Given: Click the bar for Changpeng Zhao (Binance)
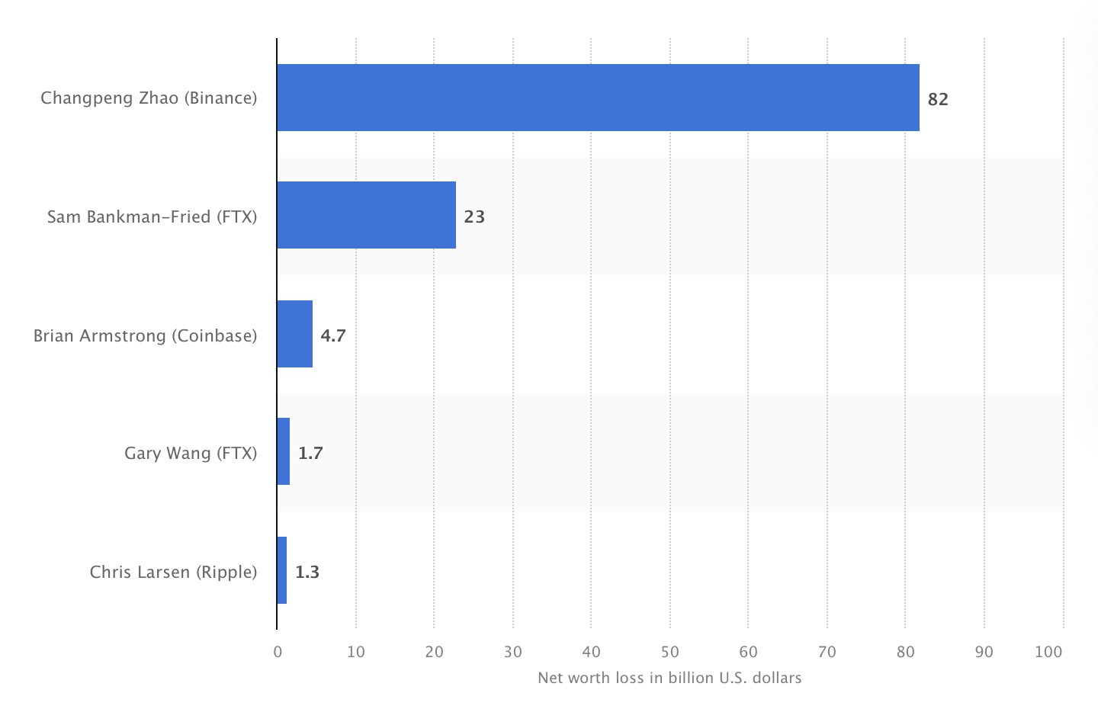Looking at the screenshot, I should pyautogui.click(x=598, y=98).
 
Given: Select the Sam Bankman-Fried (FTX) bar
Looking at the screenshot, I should pyautogui.click(x=366, y=216).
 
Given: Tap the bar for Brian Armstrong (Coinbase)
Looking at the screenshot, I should pyautogui.click(x=294, y=334).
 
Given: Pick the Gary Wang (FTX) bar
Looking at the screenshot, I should pyautogui.click(x=284, y=452).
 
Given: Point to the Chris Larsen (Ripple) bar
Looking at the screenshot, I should pyautogui.click(x=282, y=570).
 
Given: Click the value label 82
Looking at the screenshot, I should pyautogui.click(x=938, y=99).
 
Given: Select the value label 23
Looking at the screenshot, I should pyautogui.click(x=474, y=217).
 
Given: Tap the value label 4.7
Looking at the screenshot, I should pyautogui.click(x=333, y=335).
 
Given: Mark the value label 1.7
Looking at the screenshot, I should pyautogui.click(x=310, y=454).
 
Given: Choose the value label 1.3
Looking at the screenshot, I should pyautogui.click(x=307, y=572).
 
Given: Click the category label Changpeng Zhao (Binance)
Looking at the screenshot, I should pyautogui.click(x=149, y=98).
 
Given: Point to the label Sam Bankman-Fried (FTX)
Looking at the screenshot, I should pyautogui.click(x=152, y=217).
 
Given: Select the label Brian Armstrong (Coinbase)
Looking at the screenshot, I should pyautogui.click(x=145, y=335).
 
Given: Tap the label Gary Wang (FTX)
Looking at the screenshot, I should pyautogui.click(x=191, y=454).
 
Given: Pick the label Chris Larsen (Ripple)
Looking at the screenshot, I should pyautogui.click(x=173, y=572).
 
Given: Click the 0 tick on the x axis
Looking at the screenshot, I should pyautogui.click(x=278, y=652).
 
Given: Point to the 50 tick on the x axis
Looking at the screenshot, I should pyautogui.click(x=669, y=652).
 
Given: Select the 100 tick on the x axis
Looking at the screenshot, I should pyautogui.click(x=1049, y=652).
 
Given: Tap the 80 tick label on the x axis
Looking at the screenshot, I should pyautogui.click(x=905, y=652).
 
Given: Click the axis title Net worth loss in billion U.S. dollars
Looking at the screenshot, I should pyautogui.click(x=669, y=678).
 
